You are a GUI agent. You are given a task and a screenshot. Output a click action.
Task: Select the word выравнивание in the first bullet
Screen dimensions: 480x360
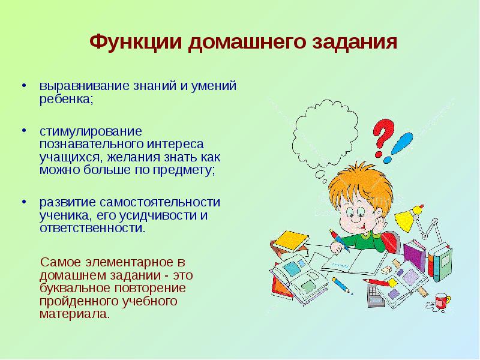tap(85, 86)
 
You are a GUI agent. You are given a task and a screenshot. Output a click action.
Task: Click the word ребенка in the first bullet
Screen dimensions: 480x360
tap(66, 98)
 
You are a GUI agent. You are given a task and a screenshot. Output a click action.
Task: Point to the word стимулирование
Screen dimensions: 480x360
tap(91, 131)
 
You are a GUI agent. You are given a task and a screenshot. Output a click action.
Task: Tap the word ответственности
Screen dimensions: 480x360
tap(92, 228)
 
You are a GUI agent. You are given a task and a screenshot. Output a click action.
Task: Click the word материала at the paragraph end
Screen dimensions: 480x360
tap(74, 314)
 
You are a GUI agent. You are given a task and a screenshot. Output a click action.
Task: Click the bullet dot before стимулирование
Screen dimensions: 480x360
tap(24, 130)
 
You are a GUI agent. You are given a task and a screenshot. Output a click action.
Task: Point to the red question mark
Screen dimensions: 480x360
tap(383, 138)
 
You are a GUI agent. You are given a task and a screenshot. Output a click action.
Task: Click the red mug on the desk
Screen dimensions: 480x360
tap(442, 301)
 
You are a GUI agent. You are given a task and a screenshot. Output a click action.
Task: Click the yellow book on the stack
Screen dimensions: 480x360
tap(292, 240)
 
